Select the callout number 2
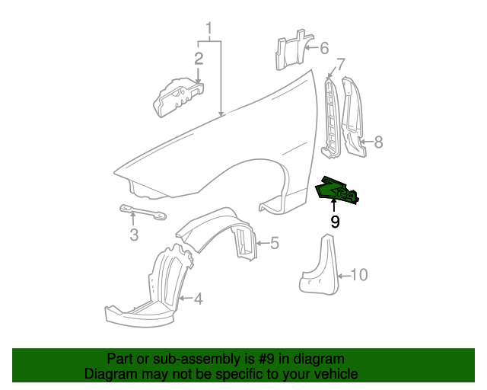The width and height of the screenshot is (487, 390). [x=199, y=59]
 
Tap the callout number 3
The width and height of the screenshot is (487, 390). [x=134, y=235]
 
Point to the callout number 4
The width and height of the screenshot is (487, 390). [x=198, y=299]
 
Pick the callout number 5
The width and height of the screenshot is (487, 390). [x=274, y=244]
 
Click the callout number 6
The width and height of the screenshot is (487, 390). [x=323, y=49]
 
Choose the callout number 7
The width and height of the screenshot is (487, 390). [x=340, y=64]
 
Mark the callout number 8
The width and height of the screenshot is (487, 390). [x=378, y=142]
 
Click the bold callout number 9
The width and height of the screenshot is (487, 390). [x=335, y=222]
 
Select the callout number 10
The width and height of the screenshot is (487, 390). [x=358, y=275]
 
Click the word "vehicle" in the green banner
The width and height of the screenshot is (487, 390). [x=332, y=375]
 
